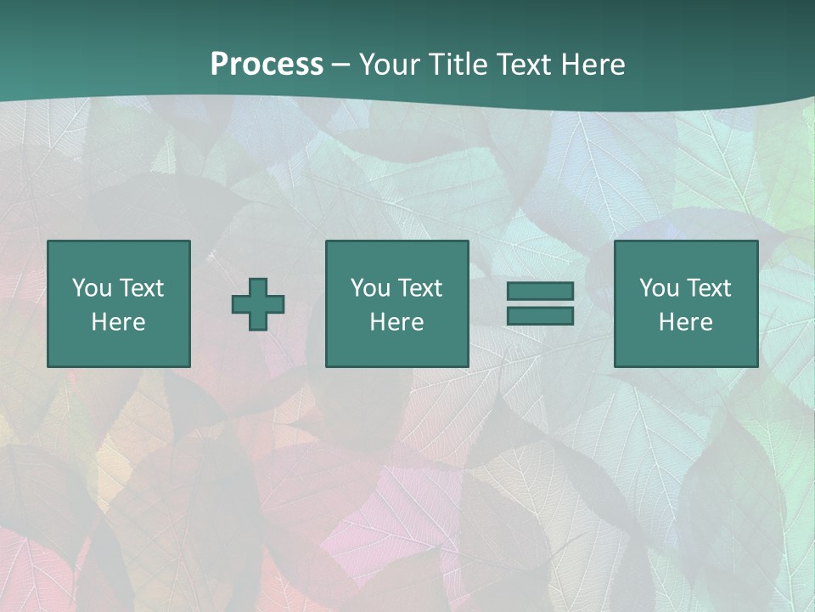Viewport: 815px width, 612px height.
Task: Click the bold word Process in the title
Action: pyautogui.click(x=267, y=65)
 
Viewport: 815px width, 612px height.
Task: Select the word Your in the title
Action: pyautogui.click(x=387, y=65)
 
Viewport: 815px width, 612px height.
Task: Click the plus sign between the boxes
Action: pyautogui.click(x=258, y=304)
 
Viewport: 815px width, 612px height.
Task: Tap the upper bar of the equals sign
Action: pyautogui.click(x=540, y=291)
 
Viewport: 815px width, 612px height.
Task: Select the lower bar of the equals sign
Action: pyautogui.click(x=540, y=315)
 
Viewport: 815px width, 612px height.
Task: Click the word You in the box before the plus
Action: pyautogui.click(x=92, y=288)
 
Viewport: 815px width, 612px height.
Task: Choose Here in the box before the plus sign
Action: pyautogui.click(x=118, y=322)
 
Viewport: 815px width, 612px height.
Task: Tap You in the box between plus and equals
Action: pyautogui.click(x=370, y=288)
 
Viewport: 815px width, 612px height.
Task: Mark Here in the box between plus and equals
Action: pyautogui.click(x=396, y=322)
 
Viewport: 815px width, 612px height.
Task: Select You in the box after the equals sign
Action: pyautogui.click(x=659, y=288)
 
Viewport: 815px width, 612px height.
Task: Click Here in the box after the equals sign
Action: pyautogui.click(x=685, y=322)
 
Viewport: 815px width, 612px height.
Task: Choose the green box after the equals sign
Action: pyautogui.click(x=685, y=348)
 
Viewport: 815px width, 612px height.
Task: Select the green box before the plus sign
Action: pyautogui.click(x=118, y=348)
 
